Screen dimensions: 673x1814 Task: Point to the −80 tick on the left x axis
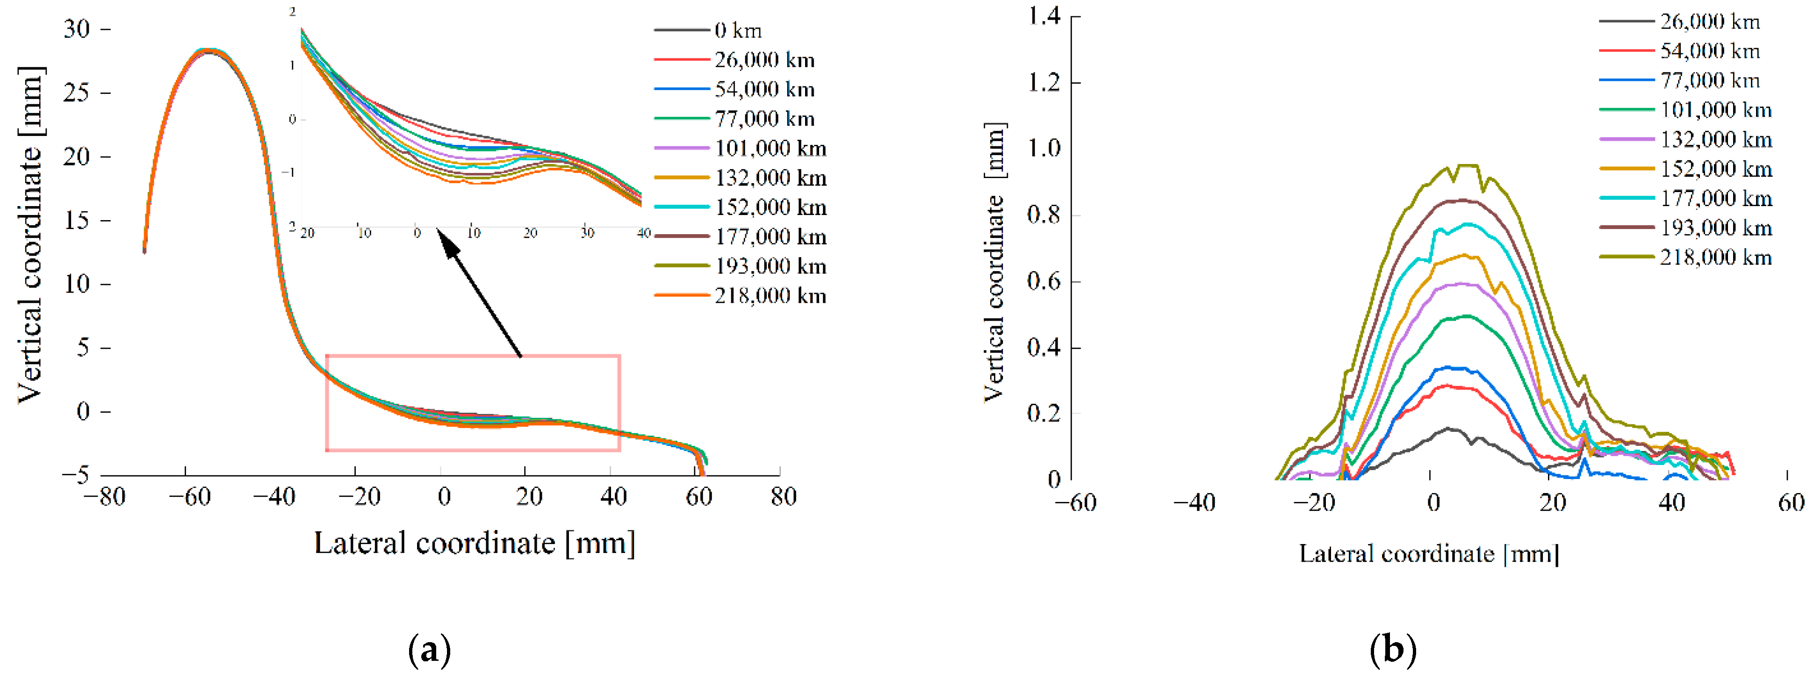[x=104, y=497]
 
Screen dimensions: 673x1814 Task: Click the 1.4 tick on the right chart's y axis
[x=1044, y=15]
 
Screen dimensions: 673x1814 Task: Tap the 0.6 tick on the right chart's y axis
[x=1044, y=281]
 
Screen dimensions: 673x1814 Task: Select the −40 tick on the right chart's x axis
[x=1195, y=502]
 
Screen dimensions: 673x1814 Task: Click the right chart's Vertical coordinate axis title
[x=993, y=262]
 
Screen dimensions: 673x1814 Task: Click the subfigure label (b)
[x=1392, y=649]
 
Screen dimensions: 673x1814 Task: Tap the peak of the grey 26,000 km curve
[x=1448, y=428]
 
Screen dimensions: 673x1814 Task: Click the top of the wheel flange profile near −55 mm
[x=209, y=50]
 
